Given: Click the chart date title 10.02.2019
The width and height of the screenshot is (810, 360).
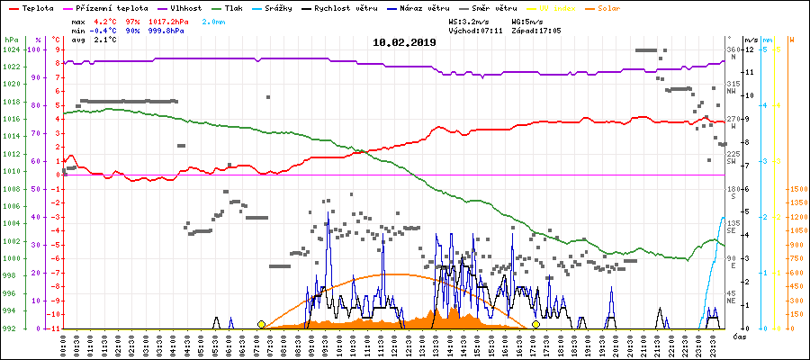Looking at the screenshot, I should (x=404, y=42).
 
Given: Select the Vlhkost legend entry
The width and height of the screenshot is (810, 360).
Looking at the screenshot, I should (x=186, y=8).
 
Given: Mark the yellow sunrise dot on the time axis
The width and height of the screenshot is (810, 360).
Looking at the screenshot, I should (x=261, y=325).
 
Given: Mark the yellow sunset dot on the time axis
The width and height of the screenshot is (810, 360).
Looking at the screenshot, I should (x=535, y=325).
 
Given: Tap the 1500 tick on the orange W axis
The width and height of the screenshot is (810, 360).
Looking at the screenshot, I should (x=796, y=190).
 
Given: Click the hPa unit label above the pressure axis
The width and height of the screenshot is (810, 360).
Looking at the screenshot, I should (x=10, y=40).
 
